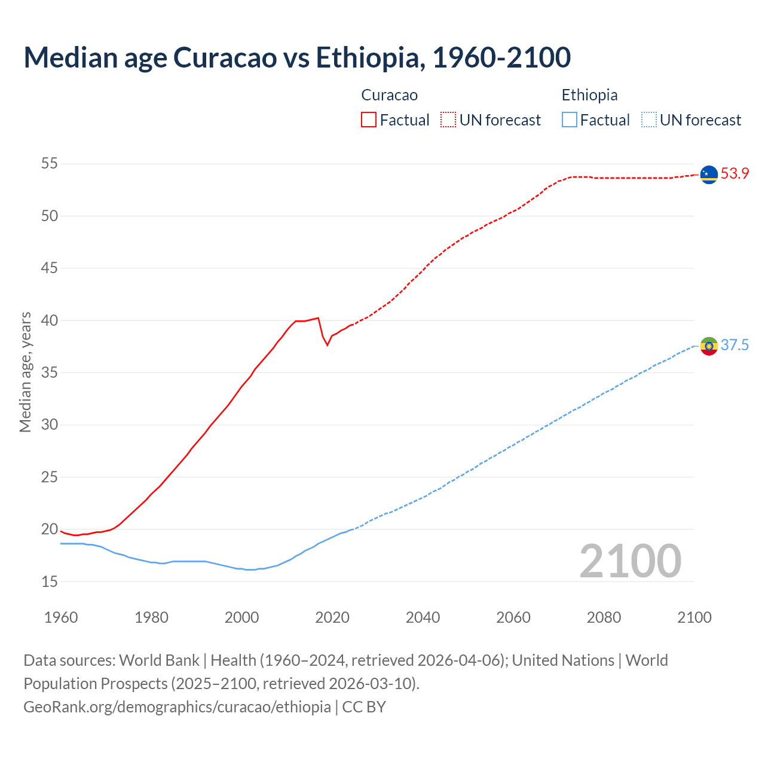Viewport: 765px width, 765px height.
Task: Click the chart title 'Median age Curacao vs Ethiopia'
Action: coord(297,58)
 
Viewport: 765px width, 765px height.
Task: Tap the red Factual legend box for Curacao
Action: coord(369,120)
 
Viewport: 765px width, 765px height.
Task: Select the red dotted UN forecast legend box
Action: coord(448,120)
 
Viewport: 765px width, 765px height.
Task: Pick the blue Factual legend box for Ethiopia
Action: coord(570,120)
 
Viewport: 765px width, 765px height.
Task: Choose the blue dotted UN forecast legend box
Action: coord(648,120)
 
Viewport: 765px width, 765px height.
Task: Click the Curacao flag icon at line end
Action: coord(709,175)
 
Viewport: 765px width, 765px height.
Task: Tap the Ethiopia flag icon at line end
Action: coord(709,345)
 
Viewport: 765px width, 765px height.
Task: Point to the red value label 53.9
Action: coord(735,174)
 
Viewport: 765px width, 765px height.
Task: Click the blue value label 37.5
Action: coord(735,345)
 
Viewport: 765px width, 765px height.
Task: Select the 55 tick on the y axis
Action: coord(50,164)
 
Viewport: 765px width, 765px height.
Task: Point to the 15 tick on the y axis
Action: coord(50,582)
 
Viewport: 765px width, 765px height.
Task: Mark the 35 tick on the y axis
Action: coord(50,373)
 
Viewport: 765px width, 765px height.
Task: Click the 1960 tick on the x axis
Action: coord(61,617)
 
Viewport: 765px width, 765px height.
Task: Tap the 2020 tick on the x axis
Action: coord(332,617)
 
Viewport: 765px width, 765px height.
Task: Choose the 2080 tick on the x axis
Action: coord(604,617)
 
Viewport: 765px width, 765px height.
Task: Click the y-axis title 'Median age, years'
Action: coord(25,372)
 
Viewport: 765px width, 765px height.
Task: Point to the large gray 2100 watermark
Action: coord(630,561)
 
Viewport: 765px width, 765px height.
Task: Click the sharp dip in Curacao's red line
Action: coord(327,345)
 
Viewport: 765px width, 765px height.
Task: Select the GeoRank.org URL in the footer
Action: coord(177,707)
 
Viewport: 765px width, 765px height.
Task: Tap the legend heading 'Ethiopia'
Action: coord(589,95)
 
